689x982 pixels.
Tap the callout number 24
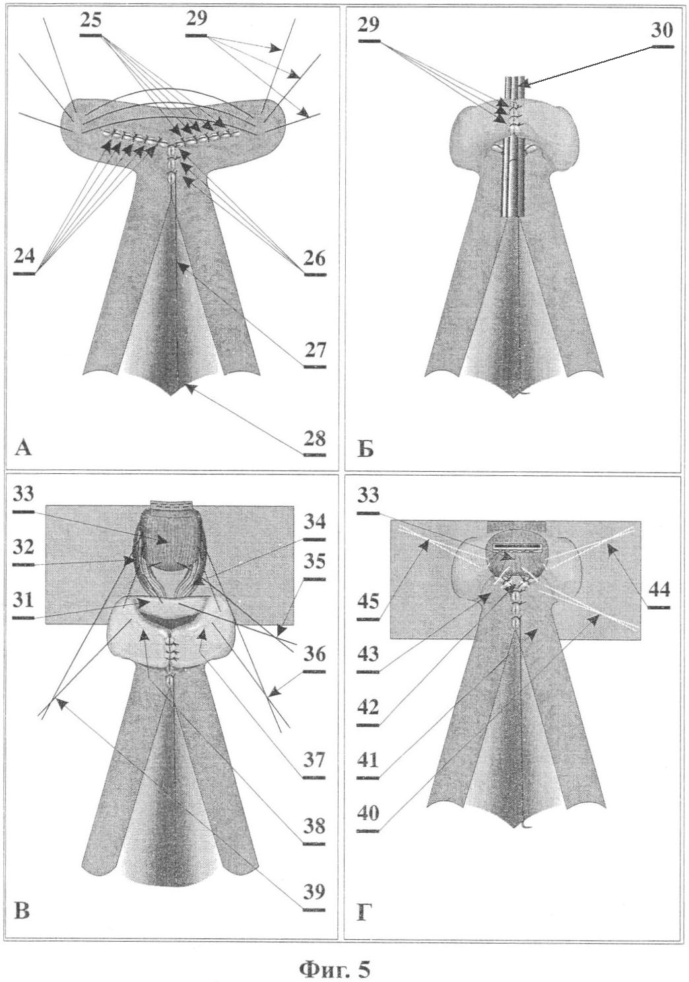click(24, 257)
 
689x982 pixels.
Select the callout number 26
click(315, 259)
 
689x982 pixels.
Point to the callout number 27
click(315, 350)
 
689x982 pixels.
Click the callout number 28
click(315, 440)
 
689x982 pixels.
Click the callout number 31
click(24, 601)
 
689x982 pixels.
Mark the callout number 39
click(315, 880)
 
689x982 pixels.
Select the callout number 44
click(659, 591)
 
